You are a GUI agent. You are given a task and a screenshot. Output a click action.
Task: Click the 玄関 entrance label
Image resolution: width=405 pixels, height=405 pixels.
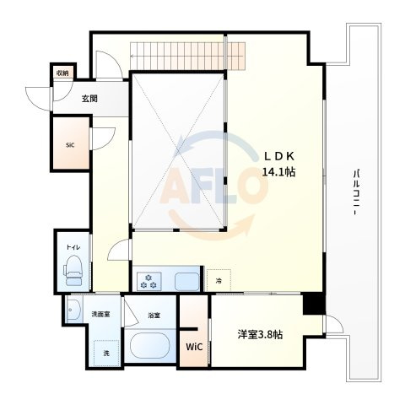coord(89,99)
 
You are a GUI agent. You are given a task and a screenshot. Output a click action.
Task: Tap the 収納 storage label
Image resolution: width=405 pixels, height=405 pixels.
coord(62,73)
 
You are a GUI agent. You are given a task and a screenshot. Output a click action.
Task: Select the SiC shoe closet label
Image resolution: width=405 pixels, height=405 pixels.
coord(70,145)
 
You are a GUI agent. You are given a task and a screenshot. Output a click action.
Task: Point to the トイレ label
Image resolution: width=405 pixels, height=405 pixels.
coord(73,247)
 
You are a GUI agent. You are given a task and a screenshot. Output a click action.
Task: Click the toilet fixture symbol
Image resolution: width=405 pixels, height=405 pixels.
coord(73,270)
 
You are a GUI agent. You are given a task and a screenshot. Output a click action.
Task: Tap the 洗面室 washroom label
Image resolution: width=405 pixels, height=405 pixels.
coord(100,315)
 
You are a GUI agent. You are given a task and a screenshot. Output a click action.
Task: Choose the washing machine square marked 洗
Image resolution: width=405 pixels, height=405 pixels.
coord(106,353)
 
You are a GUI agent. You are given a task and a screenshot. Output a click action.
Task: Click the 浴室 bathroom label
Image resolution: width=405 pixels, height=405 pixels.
coord(154,316)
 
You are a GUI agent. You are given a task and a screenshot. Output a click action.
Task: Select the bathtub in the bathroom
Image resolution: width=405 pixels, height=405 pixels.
coord(150,345)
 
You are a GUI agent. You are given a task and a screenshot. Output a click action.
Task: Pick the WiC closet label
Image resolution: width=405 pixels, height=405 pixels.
coord(194,347)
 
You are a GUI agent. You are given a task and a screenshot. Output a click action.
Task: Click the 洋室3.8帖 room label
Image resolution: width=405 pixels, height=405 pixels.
coord(260,335)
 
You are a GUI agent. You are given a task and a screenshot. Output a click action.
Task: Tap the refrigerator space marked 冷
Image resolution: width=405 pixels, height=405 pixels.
coord(219,280)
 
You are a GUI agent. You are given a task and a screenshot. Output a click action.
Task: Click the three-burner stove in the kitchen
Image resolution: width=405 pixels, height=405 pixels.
coord(149,281)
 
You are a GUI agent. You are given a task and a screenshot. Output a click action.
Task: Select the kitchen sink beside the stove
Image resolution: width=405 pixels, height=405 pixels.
coord(187,282)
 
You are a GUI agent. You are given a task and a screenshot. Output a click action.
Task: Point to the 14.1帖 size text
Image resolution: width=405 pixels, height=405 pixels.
coord(278,171)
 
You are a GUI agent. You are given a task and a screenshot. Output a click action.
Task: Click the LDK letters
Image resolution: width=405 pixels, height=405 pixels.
coord(278,156)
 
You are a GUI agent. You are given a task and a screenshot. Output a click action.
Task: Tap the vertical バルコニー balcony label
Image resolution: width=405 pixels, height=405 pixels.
coord(357,192)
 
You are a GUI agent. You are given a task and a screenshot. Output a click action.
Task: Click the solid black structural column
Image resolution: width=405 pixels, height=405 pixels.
coord(314,304)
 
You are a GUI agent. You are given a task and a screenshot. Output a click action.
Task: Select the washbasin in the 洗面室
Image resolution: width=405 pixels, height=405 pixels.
coord(73,310)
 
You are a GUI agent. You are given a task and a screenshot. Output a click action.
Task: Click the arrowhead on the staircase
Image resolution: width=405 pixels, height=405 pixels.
coord(132,56)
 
